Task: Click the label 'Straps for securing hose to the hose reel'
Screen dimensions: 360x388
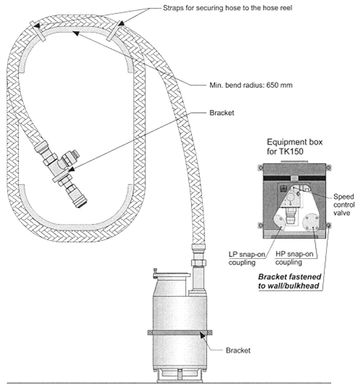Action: click(227, 8)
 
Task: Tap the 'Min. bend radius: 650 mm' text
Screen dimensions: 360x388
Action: click(251, 85)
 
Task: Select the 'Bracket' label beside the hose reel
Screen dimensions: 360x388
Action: click(222, 113)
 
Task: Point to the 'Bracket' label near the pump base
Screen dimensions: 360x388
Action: click(238, 350)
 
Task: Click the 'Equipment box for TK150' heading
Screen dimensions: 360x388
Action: click(295, 146)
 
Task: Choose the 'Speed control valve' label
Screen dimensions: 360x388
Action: click(343, 205)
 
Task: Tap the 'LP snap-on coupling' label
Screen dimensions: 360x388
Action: click(246, 258)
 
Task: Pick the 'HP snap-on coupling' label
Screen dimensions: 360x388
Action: click(294, 258)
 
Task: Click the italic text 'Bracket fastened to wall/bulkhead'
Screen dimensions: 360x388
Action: click(290, 281)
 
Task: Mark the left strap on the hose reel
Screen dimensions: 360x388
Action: click(38, 31)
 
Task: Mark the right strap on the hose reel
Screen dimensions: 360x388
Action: click(115, 31)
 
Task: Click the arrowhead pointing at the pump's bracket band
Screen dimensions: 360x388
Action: click(203, 335)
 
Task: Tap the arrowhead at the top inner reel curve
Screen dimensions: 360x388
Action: click(76, 33)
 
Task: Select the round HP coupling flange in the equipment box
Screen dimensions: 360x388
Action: click(311, 223)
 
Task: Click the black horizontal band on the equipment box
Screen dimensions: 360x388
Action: click(294, 178)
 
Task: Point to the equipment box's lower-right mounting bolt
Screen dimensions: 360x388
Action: click(328, 226)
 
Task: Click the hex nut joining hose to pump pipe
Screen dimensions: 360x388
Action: click(199, 263)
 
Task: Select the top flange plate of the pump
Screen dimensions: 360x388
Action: click(172, 275)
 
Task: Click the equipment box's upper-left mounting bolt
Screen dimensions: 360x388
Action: click(261, 168)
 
